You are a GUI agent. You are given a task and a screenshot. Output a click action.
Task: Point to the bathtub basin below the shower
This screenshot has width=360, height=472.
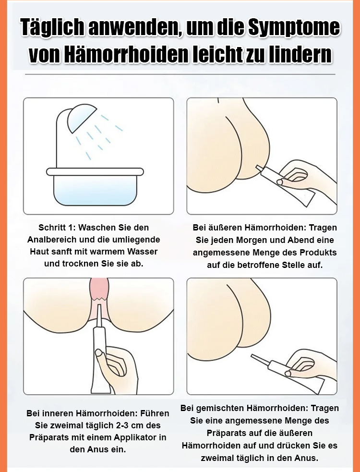click(95, 187)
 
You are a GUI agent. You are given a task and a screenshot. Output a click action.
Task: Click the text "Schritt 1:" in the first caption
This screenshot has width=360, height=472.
click(57, 228)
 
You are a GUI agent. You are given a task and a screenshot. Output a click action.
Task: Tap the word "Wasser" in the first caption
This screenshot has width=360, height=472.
click(143, 251)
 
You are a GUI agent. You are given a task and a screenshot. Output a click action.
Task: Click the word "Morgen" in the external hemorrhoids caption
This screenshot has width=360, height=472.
click(251, 240)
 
